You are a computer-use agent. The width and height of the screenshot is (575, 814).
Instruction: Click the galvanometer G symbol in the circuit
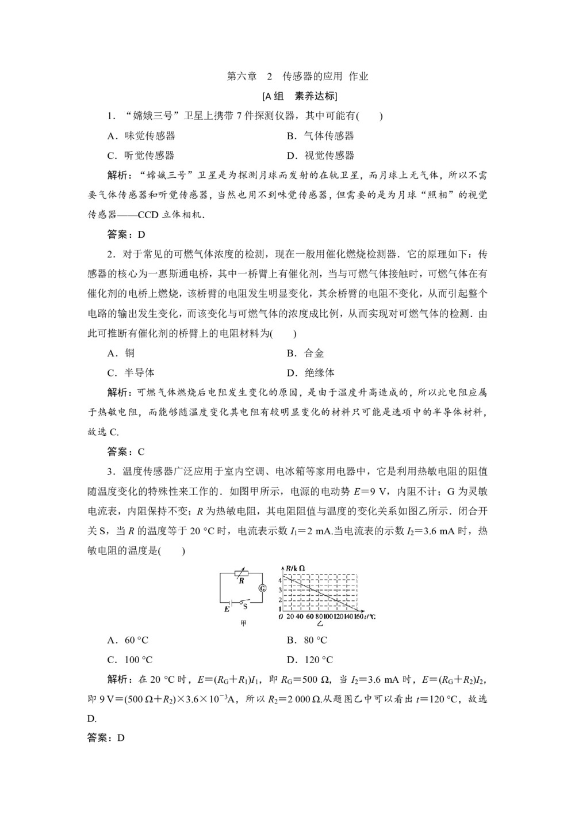[263, 588]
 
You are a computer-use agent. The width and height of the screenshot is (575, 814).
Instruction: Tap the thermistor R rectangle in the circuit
[241, 573]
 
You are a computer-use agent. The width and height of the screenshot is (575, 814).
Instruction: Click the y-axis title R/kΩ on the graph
[295, 568]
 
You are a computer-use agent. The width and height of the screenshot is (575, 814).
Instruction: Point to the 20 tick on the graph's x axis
[290, 617]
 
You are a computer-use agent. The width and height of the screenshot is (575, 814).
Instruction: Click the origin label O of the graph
[280, 617]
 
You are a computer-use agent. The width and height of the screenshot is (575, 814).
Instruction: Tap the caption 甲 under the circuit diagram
[243, 623]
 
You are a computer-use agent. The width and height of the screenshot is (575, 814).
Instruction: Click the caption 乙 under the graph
[319, 623]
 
